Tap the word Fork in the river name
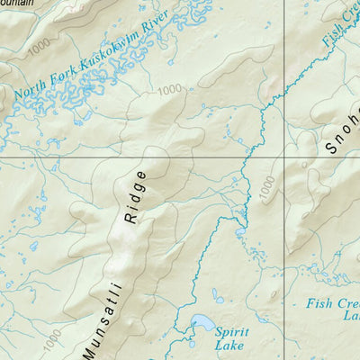[69, 78]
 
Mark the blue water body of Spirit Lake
[202, 322]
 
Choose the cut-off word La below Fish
[349, 316]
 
